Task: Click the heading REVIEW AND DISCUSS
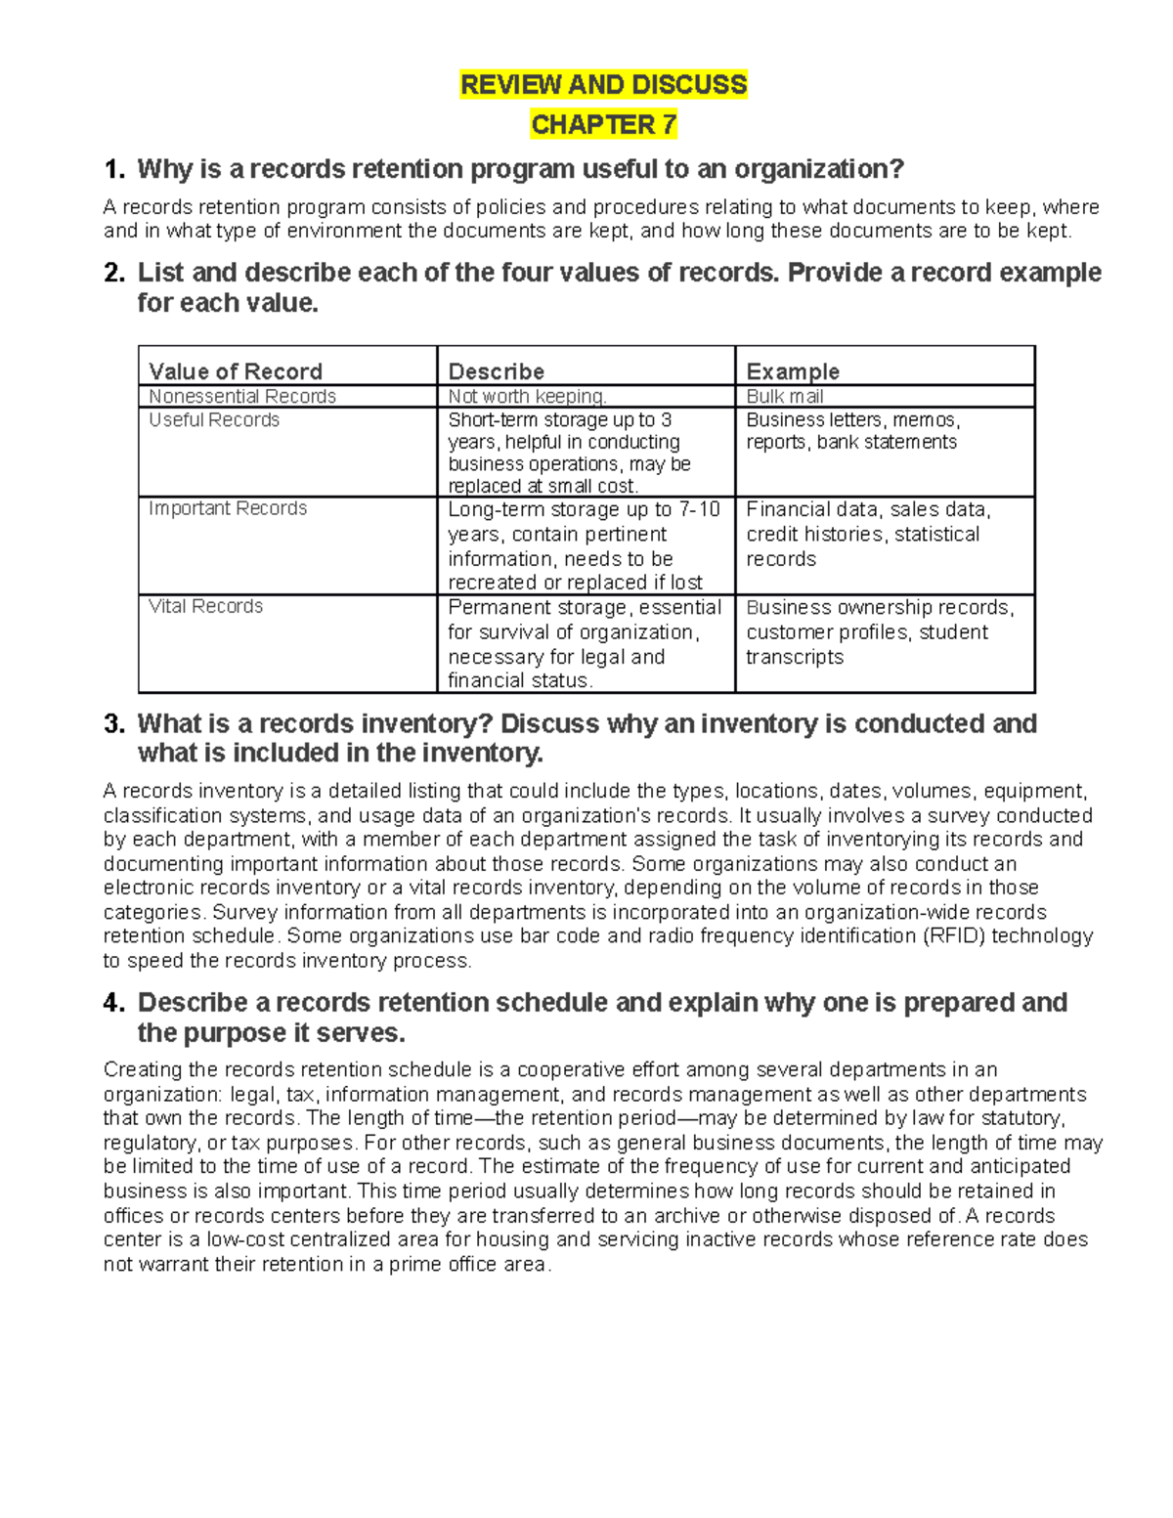603,85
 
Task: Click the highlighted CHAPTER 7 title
603,125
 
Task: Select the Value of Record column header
236,371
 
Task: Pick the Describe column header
496,371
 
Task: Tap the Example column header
793,371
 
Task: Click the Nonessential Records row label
242,396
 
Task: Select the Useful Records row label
214,420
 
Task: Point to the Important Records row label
228,508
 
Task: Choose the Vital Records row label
205,606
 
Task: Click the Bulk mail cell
785,396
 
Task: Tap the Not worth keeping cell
527,396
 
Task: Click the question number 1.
114,170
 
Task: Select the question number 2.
114,273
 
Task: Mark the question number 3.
114,724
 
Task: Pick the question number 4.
114,1003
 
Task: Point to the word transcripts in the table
795,657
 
